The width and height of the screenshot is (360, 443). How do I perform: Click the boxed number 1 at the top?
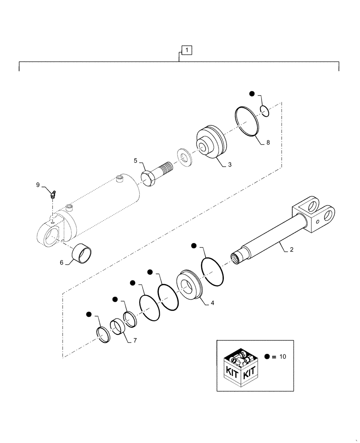[x=187, y=51]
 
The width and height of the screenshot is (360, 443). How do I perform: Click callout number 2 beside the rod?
[x=291, y=250]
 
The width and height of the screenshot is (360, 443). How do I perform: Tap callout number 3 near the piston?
[x=230, y=164]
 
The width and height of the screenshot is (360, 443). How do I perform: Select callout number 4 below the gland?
[x=212, y=303]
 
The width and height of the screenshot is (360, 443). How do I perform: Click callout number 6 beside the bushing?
[x=61, y=262]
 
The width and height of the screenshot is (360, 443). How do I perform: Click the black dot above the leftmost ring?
[x=89, y=315]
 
